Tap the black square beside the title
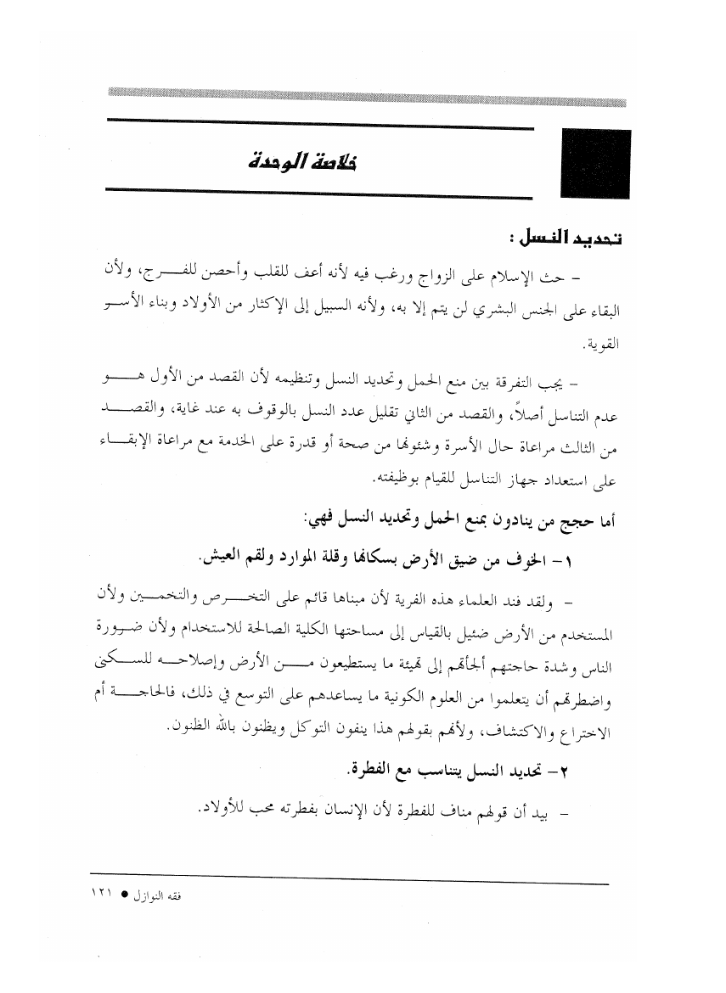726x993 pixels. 594,164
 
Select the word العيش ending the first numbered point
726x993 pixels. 222,560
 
